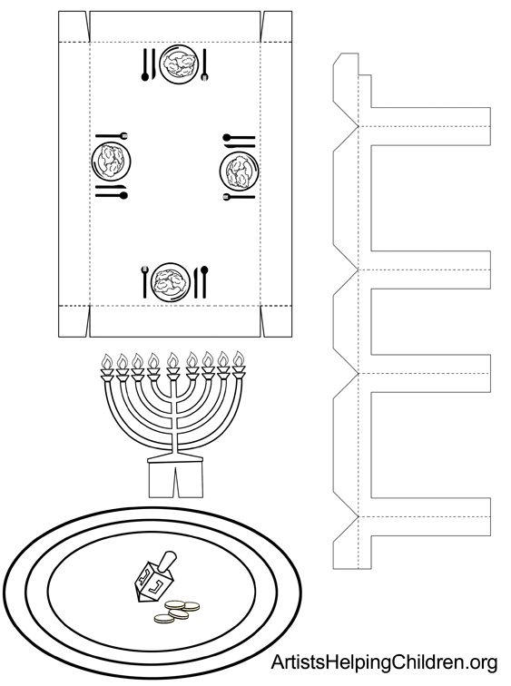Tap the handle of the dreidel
coord(168,561)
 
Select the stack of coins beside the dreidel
coord(177,611)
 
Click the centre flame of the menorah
coord(172,360)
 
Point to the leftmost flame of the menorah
coord(107,361)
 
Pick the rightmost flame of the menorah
coord(239,358)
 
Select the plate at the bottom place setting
coord(171,281)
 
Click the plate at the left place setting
coord(111,160)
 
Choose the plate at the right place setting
coord(239,171)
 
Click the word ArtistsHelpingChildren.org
coord(384,663)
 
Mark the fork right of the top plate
coord(205,65)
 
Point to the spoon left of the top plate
coord(145,65)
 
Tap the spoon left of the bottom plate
coord(145,282)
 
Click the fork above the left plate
coord(112,135)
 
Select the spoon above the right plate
coord(239,138)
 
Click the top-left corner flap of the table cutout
coord(74,26)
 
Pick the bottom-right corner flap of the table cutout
coord(277,321)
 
